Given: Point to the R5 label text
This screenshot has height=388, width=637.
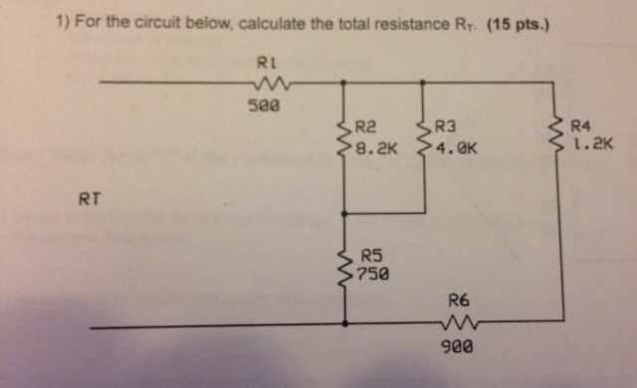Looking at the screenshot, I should point(371,255).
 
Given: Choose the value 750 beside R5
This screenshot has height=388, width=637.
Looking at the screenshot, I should point(374,272).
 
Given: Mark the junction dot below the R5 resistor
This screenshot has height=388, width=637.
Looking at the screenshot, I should point(344,322).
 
